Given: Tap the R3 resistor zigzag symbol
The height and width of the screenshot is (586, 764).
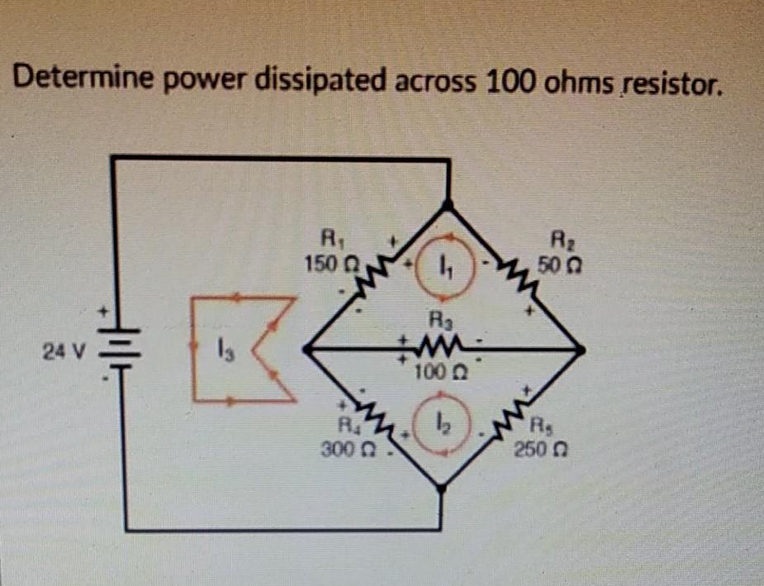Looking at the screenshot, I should pos(435,341).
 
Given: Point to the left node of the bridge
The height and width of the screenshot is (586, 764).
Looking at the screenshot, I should pos(307,350).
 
